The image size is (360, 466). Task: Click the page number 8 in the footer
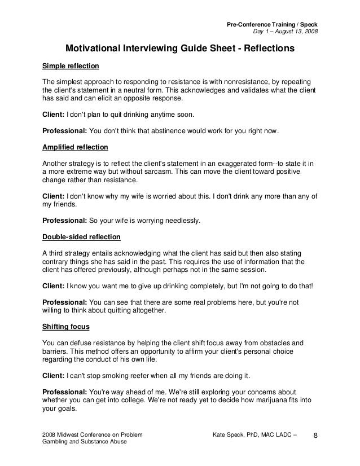coord(315,436)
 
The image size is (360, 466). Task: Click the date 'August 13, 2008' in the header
coord(296,30)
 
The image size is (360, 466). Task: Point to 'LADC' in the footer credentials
coord(282,436)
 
